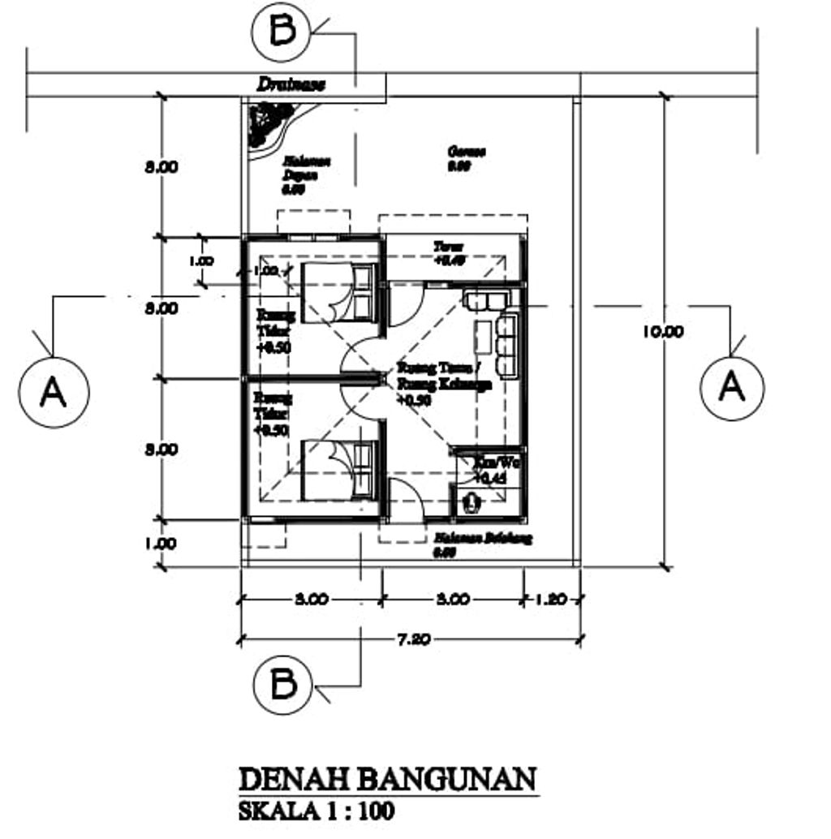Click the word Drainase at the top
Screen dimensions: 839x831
pyautogui.click(x=291, y=84)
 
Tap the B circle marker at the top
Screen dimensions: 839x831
pyautogui.click(x=281, y=32)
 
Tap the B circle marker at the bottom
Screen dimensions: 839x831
pyautogui.click(x=282, y=684)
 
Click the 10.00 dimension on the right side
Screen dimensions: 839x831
pyautogui.click(x=663, y=331)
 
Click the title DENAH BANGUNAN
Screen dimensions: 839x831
pyautogui.click(x=388, y=779)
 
